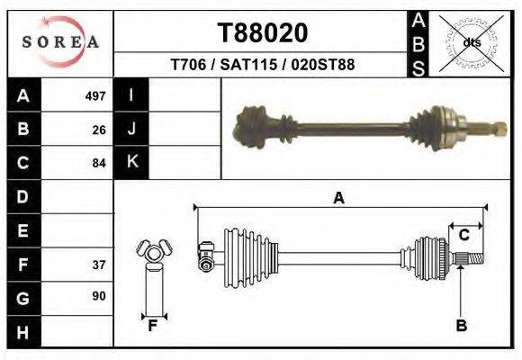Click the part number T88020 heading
pyautogui.click(x=262, y=33)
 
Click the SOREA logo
pyautogui.click(x=60, y=42)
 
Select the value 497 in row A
pyautogui.click(x=95, y=95)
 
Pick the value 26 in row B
pyautogui.click(x=99, y=130)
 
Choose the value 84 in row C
pyautogui.click(x=99, y=163)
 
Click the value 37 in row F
pyautogui.click(x=99, y=265)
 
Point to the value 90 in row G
pyautogui.click(x=99, y=296)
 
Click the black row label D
pyautogui.click(x=23, y=196)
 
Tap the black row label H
pyautogui.click(x=23, y=333)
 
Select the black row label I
pyautogui.click(x=131, y=95)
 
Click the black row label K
pyautogui.click(x=131, y=163)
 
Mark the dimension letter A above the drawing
pyautogui.click(x=338, y=199)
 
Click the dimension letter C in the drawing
pyautogui.click(x=464, y=235)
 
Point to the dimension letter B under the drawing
pyautogui.click(x=461, y=326)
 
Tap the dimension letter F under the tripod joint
pyautogui.click(x=154, y=326)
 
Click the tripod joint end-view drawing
pyautogui.click(x=153, y=254)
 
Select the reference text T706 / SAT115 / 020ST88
pyautogui.click(x=262, y=66)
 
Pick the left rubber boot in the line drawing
pyautogui.click(x=240, y=252)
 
